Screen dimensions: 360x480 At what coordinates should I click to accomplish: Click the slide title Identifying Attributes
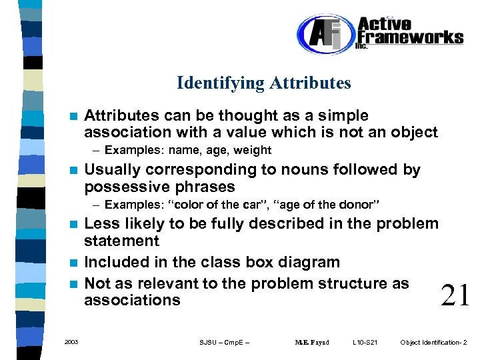click(x=263, y=83)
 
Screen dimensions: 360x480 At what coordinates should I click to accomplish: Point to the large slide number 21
click(x=455, y=294)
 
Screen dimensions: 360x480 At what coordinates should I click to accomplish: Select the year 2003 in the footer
click(x=71, y=342)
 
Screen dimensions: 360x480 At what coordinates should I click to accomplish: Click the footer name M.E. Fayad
click(x=312, y=343)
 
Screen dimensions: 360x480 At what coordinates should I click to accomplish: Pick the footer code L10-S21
click(x=365, y=343)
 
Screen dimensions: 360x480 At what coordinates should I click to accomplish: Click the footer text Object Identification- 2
click(x=433, y=343)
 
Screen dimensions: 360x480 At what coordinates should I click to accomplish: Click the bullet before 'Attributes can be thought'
click(x=75, y=116)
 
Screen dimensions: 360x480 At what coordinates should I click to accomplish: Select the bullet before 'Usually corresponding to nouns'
click(x=75, y=170)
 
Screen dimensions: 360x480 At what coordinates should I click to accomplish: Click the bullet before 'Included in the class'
click(x=75, y=263)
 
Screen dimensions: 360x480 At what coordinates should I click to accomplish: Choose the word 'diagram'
click(x=309, y=263)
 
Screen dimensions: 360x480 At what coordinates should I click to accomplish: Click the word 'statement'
click(x=121, y=241)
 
